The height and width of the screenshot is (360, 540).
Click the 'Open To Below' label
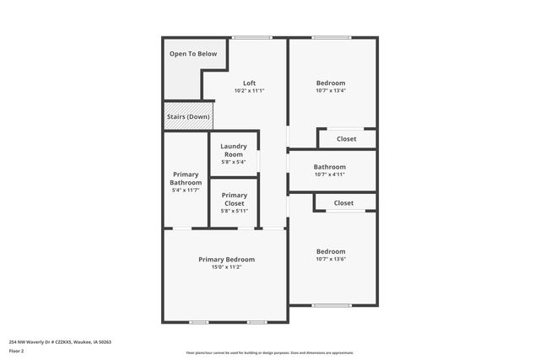[193, 54]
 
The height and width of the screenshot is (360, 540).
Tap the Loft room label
[249, 83]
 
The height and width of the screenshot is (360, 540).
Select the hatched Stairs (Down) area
[188, 116]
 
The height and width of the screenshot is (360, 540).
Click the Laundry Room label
[234, 150]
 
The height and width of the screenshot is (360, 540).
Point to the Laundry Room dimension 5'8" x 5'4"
[234, 162]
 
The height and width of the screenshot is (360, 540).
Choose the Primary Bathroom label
[186, 179]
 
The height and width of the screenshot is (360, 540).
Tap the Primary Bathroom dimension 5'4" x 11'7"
[186, 191]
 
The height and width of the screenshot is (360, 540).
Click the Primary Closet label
[235, 199]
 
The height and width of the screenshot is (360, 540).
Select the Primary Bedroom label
[226, 259]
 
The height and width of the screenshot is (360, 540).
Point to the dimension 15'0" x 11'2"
[226, 267]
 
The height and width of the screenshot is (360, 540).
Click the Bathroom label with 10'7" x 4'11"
[330, 167]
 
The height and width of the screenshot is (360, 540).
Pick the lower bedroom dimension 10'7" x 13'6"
[331, 259]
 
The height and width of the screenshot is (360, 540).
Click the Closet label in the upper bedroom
[346, 139]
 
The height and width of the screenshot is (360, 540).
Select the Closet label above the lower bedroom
[343, 203]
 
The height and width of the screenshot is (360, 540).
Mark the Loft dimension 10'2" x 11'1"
[249, 91]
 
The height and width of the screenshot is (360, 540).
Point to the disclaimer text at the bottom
[270, 352]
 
